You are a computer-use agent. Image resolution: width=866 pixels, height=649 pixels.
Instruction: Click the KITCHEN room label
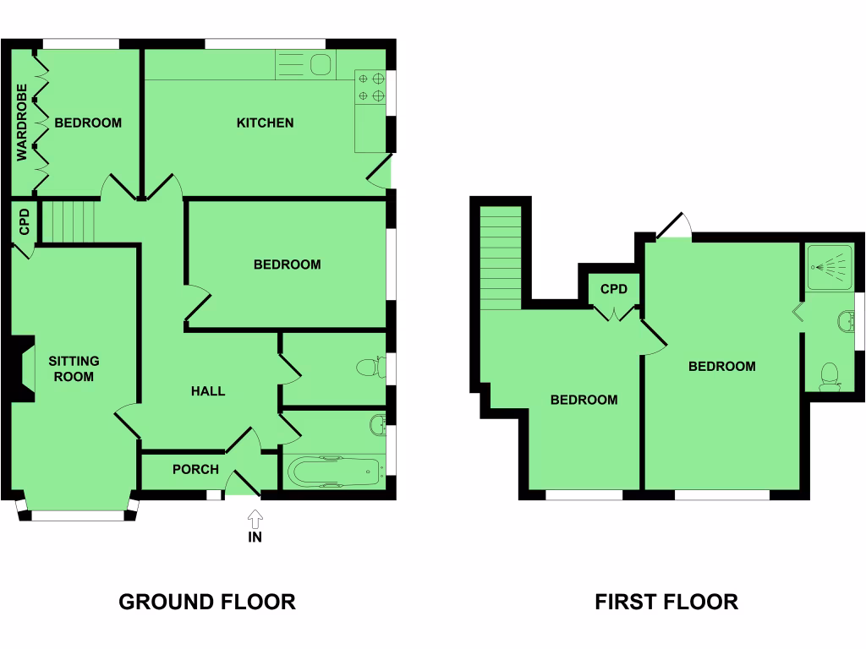[265, 123]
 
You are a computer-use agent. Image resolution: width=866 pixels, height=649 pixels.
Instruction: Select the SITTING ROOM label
[73, 368]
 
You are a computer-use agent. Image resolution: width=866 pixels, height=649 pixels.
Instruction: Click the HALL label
[208, 391]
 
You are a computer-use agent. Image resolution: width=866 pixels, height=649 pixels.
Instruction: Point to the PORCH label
[195, 470]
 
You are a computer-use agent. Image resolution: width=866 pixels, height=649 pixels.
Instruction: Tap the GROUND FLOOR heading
[207, 602]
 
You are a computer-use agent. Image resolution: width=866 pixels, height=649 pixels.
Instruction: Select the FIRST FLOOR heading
[666, 602]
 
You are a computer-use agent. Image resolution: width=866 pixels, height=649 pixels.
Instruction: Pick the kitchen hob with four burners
[370, 86]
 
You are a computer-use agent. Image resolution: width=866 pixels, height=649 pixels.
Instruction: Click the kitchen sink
[321, 65]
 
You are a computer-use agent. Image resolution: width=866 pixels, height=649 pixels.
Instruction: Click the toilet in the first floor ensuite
[830, 375]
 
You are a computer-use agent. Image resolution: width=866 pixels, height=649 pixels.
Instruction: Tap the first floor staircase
[500, 259]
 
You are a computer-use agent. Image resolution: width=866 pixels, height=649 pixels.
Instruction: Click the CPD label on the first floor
[614, 290]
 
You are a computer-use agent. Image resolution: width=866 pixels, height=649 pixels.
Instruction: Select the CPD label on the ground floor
[25, 222]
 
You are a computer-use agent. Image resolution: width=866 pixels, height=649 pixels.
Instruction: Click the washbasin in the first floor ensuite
[844, 321]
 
